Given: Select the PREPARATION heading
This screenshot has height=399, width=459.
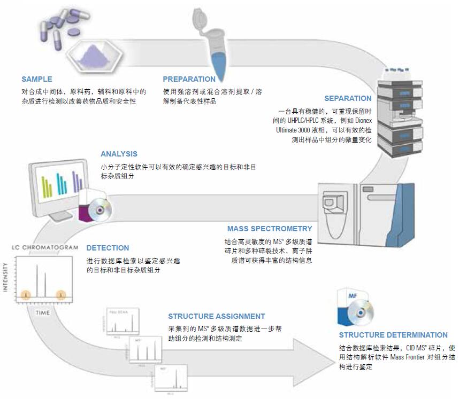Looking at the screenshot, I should pos(189,79).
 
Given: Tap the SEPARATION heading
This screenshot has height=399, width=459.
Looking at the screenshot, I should pos(348,98).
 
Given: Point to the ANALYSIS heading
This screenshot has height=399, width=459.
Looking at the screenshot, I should pos(119,154).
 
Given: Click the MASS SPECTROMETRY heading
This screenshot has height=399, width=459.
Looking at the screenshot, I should pos(270,229).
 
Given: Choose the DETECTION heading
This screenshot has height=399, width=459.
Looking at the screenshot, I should pos(108,248).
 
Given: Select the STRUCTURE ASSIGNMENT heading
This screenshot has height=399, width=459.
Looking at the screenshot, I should pos(217,316).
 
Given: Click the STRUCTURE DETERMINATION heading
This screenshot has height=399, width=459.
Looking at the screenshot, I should pos(393,335).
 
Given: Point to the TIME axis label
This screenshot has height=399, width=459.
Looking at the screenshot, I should pos(43,311).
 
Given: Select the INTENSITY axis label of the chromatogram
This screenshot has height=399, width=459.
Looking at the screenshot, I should pos(7,277).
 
